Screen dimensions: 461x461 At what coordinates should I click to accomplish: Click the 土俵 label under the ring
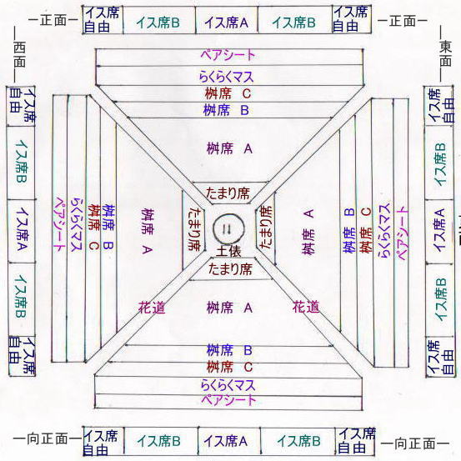[228, 251]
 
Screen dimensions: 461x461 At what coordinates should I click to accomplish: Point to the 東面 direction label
[446, 53]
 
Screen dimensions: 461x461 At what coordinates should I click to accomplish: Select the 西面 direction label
[19, 54]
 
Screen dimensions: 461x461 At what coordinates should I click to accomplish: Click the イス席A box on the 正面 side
[227, 20]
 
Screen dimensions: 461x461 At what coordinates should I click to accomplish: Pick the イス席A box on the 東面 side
[439, 232]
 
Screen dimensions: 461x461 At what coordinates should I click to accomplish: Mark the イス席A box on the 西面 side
[21, 231]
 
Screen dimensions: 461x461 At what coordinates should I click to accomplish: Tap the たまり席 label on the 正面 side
[228, 193]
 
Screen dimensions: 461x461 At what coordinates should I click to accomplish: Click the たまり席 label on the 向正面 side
[230, 269]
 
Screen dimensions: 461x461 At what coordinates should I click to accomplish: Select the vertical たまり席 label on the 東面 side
[266, 227]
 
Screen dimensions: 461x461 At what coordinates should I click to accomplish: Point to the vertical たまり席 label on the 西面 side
[194, 229]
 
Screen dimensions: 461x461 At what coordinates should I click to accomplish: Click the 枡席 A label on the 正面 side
[229, 148]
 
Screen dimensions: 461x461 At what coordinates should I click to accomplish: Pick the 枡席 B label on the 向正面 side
[229, 350]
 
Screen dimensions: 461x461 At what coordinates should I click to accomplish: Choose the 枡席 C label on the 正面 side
[228, 94]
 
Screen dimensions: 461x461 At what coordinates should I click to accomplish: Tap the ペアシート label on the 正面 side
[228, 55]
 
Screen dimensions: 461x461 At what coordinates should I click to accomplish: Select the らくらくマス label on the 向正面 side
[228, 385]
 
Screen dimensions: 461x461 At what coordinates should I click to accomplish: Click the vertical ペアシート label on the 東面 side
[402, 233]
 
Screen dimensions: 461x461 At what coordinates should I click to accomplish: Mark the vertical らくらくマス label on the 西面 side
[77, 225]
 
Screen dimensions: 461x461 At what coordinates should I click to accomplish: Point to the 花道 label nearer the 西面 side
[152, 308]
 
